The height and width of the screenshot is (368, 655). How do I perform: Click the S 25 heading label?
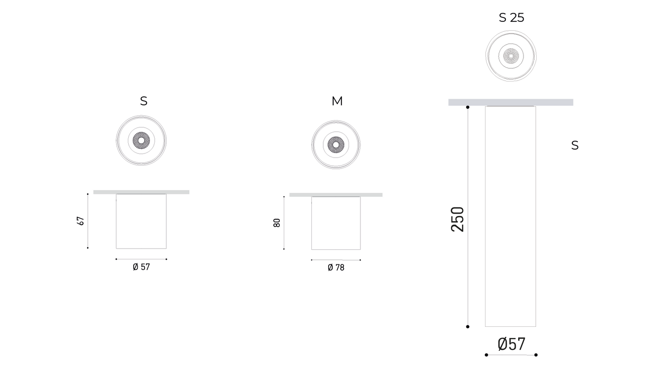pos(511,18)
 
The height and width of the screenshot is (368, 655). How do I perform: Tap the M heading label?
pos(337,101)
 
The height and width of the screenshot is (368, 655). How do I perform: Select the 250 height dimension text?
pos(458,220)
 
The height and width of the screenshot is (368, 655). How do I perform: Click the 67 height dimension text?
pos(80,221)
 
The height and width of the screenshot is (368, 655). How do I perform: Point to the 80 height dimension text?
pos(277,223)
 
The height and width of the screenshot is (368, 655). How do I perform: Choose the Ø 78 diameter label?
pos(336,267)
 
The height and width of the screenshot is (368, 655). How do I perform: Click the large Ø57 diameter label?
pos(511,344)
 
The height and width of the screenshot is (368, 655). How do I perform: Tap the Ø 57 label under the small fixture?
pos(141,267)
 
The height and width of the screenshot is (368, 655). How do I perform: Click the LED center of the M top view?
pos(336,145)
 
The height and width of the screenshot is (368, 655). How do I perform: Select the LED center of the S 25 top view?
pos(511,56)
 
